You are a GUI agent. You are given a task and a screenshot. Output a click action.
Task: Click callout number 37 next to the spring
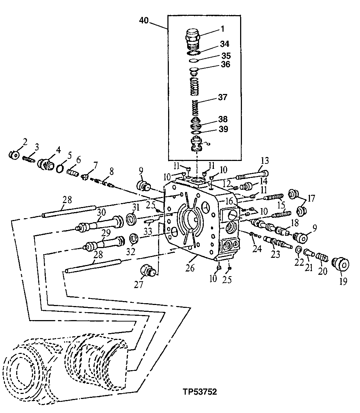222,97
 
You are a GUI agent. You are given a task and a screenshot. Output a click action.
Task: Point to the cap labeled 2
13,155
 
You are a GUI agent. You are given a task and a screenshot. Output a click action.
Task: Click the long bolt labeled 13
252,175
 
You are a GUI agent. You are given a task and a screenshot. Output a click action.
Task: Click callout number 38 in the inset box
223,119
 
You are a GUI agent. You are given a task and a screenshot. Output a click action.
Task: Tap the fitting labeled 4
46,163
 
